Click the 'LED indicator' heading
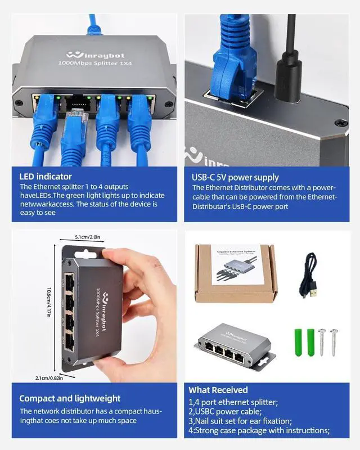click(46, 176)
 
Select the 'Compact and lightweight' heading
click(70, 398)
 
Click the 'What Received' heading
click(218, 390)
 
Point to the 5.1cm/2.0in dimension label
click(87, 238)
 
